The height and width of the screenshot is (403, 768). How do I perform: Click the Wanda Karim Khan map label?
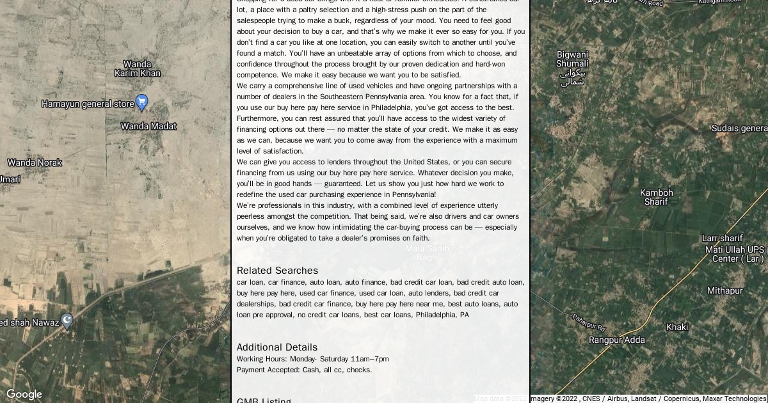click(x=137, y=68)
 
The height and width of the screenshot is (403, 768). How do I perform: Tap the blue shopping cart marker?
click(x=142, y=102)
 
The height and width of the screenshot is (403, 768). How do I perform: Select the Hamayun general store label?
click(x=88, y=104)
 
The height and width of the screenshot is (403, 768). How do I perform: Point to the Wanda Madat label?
click(x=148, y=126)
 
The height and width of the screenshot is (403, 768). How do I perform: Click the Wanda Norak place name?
click(x=35, y=162)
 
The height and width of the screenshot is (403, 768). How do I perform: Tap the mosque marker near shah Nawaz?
click(x=67, y=321)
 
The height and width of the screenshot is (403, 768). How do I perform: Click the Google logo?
click(x=24, y=395)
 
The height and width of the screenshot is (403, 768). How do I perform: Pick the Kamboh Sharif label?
click(x=656, y=197)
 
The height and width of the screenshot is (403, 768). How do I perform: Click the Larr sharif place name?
click(x=723, y=238)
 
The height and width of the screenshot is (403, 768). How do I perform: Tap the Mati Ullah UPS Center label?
click(x=735, y=254)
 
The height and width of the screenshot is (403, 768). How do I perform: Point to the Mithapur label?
click(x=724, y=290)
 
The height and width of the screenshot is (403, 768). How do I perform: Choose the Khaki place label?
click(x=677, y=327)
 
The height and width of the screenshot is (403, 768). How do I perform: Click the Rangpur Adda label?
click(x=617, y=340)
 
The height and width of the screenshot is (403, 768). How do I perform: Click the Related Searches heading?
click(x=277, y=270)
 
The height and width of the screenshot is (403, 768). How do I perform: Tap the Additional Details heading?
click(x=276, y=347)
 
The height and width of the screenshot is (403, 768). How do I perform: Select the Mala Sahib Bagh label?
click(x=427, y=253)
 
